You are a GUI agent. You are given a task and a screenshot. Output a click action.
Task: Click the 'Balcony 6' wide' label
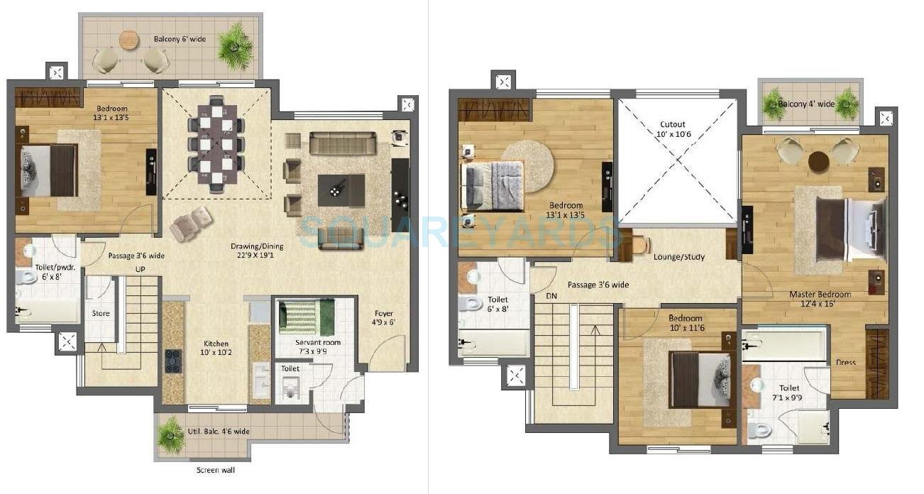tap(180, 39)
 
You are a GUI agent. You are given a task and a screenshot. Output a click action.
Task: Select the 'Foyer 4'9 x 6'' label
tap(384, 318)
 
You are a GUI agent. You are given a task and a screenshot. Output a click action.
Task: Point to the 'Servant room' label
tap(318, 342)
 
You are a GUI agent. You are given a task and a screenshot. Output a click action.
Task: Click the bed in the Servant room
tap(306, 317)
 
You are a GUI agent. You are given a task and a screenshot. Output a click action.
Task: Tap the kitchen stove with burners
tap(172, 361)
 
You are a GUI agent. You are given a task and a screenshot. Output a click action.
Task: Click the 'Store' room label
tap(101, 313)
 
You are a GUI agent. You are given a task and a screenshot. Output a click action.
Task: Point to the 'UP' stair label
tap(141, 269)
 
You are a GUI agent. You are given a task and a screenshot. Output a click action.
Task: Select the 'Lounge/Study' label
tap(679, 257)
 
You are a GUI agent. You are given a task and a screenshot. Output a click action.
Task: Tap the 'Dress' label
tap(845, 362)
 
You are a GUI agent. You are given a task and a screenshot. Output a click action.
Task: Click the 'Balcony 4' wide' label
tap(806, 104)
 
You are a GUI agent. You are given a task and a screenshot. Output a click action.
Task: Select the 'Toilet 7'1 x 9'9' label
tap(788, 393)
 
